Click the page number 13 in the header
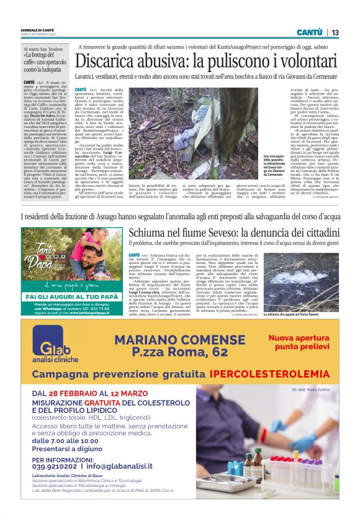[335, 32]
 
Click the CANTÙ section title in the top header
[309, 32]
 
